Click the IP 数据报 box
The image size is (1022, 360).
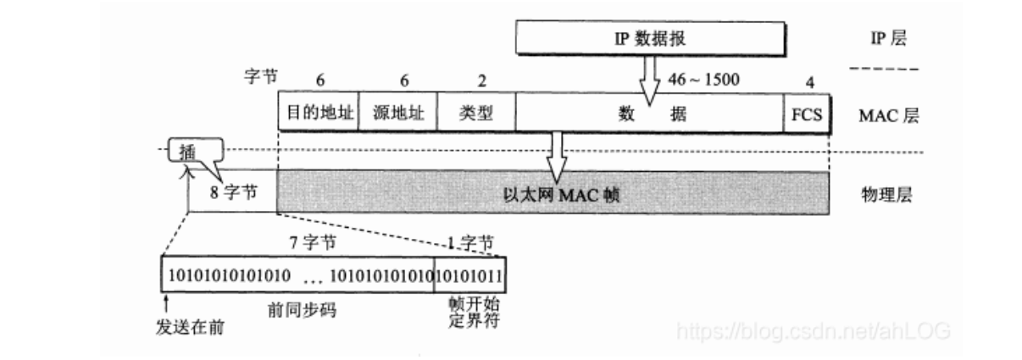[x=650, y=37]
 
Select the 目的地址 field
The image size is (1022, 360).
[x=318, y=114]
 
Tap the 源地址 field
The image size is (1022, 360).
[x=398, y=114]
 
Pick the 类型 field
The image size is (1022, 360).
[x=475, y=114]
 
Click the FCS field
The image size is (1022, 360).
[x=806, y=114]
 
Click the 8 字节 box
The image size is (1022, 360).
[x=232, y=194]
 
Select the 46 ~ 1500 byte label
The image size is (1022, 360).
[x=704, y=80]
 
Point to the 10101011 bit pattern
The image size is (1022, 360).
[x=469, y=275]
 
